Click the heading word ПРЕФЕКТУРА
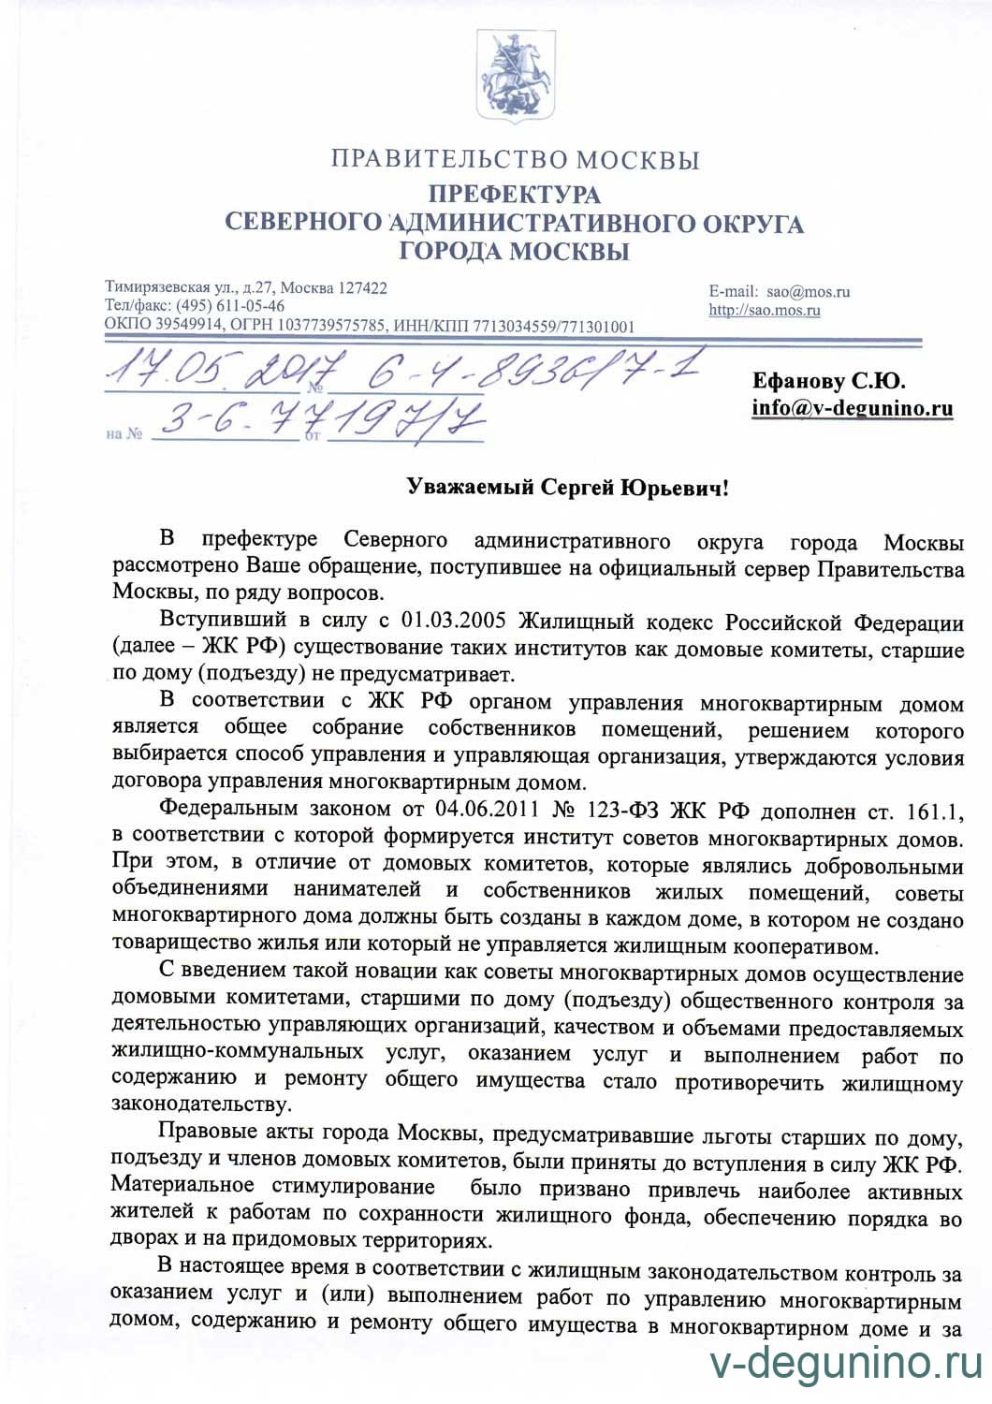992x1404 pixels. [514, 195]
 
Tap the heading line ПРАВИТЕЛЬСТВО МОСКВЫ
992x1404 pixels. [514, 159]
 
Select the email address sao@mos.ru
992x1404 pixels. [809, 291]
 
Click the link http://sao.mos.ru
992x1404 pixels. [765, 310]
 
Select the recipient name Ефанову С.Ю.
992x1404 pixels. [828, 381]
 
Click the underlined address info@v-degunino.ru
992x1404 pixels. [852, 408]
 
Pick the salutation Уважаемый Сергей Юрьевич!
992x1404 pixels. [567, 487]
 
